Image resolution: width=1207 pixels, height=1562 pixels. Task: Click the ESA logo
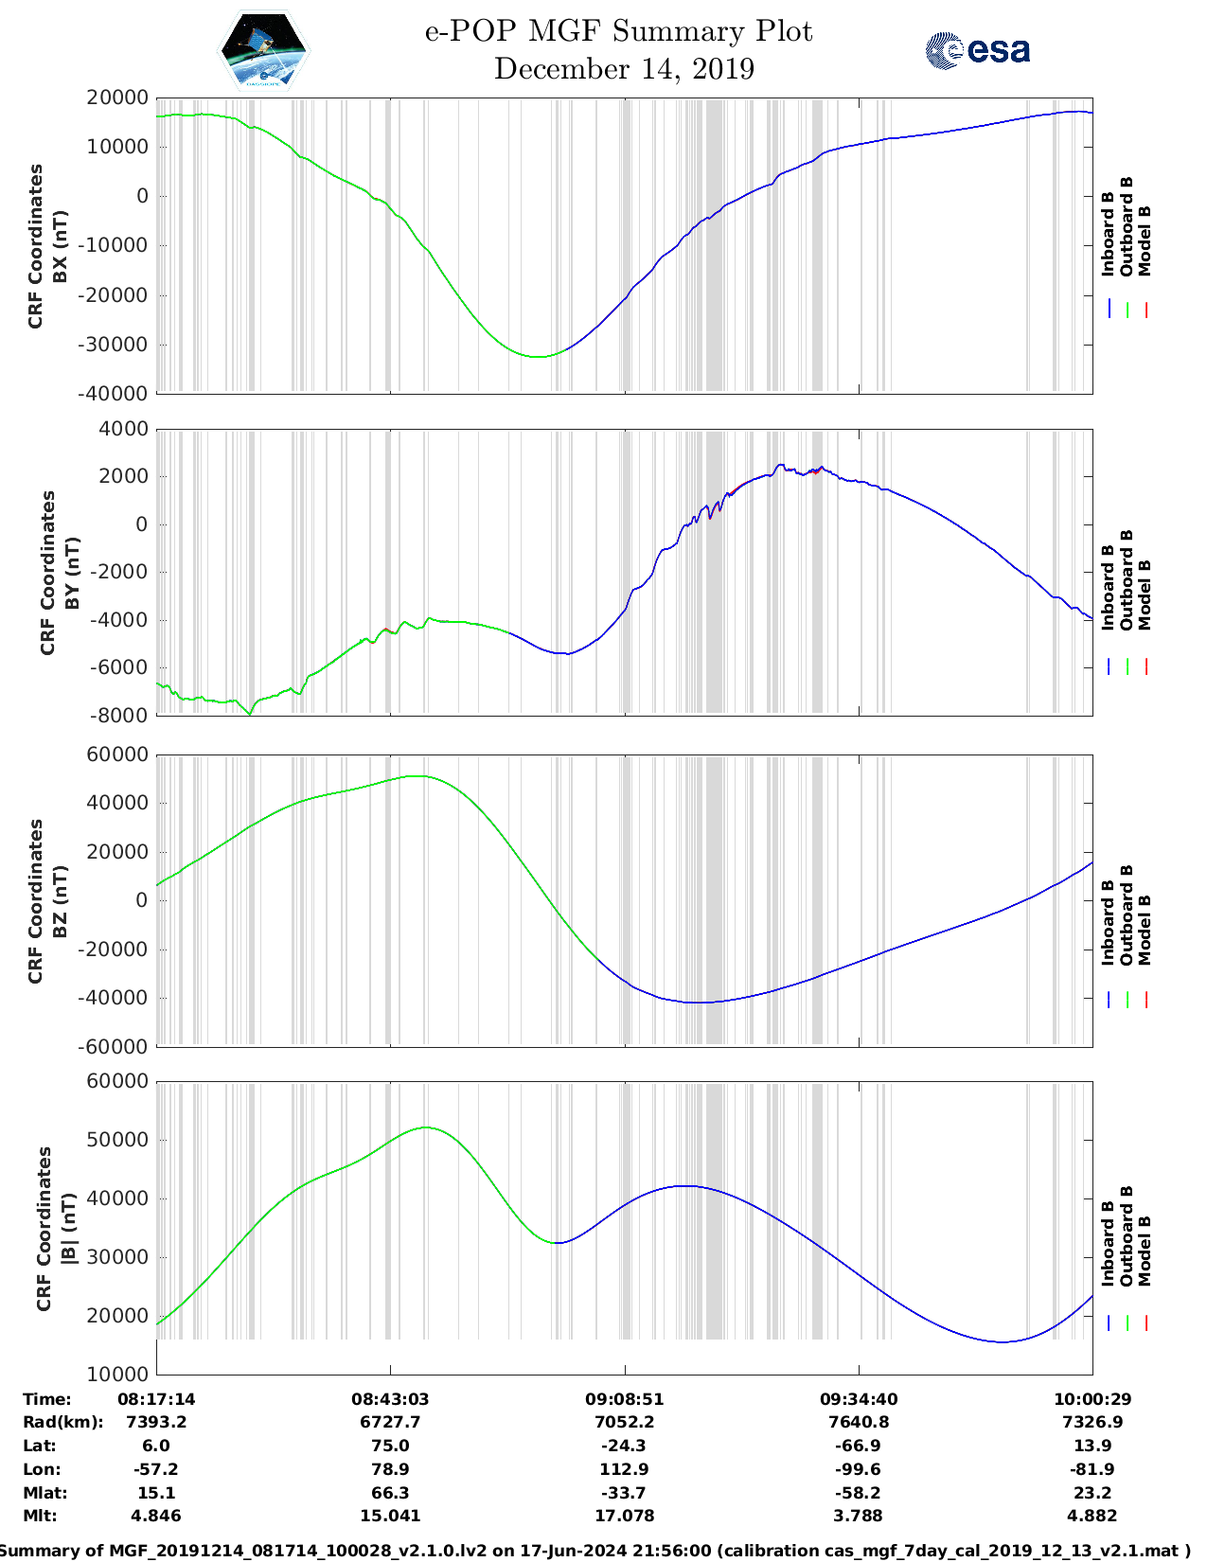(978, 50)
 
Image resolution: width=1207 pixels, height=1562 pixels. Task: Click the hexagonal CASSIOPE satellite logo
(263, 50)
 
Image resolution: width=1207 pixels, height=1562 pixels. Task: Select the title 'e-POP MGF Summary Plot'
(618, 31)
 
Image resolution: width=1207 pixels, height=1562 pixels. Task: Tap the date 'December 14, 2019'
(624, 69)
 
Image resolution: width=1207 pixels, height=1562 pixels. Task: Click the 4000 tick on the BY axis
(124, 430)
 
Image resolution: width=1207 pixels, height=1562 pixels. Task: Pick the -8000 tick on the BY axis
(120, 716)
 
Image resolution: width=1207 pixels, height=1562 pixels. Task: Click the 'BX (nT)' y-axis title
(60, 246)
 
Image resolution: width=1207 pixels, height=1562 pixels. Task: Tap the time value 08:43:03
(390, 1399)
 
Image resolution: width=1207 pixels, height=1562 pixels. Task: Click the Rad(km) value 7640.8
(859, 1422)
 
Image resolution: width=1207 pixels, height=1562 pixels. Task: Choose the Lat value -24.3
(625, 1446)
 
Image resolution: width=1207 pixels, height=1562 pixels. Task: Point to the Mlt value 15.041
(390, 1516)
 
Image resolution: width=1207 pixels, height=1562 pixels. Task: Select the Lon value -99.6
(859, 1469)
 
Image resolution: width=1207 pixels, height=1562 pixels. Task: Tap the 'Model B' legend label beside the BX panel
(1145, 241)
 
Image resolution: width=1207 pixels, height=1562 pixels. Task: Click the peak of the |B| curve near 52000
(427, 1127)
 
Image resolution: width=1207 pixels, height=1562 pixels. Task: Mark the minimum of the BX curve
(537, 357)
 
